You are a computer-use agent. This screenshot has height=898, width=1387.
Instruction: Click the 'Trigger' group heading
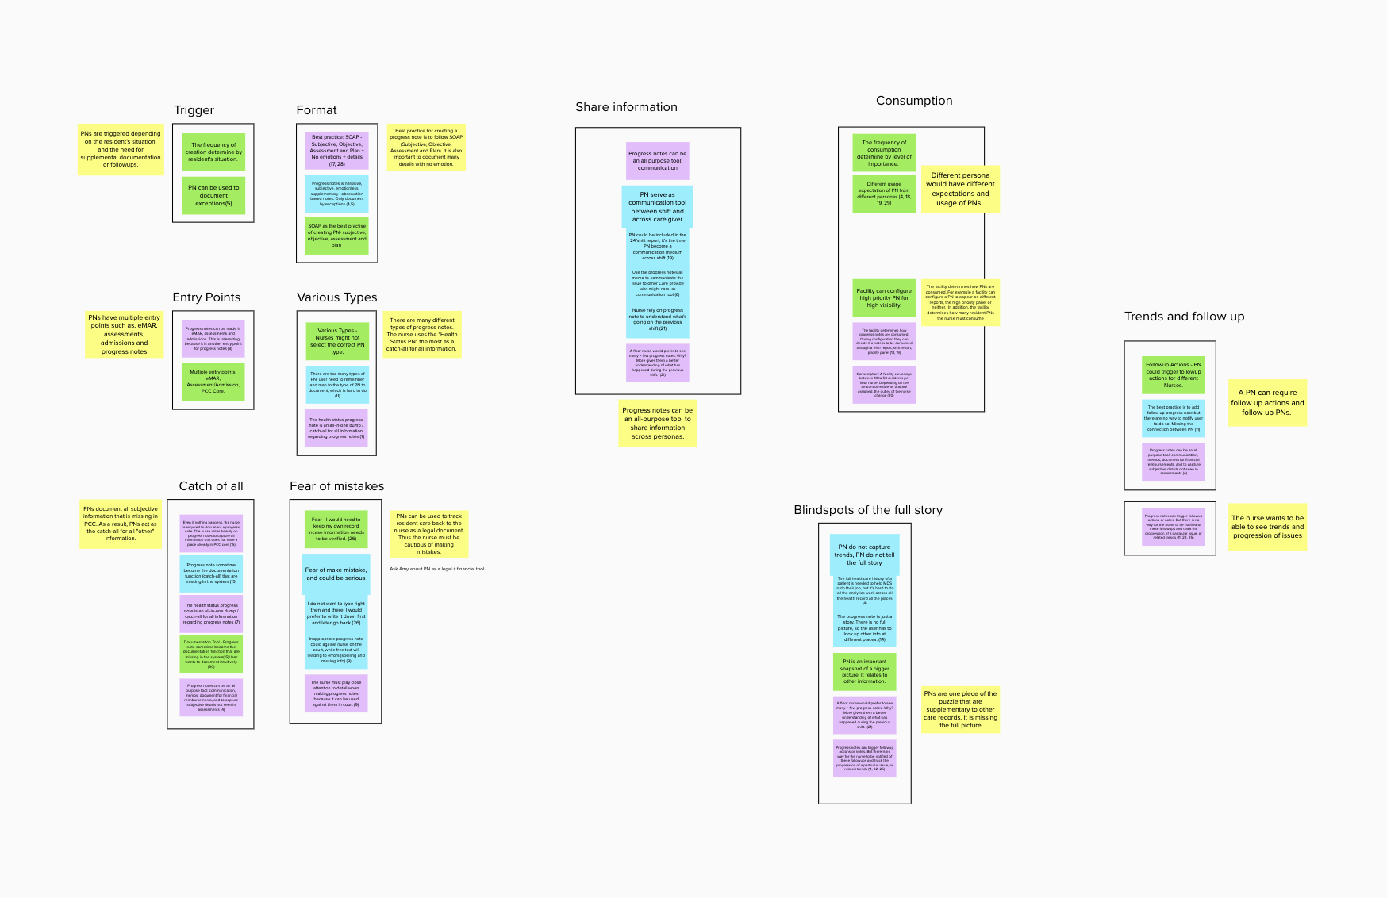coord(194,110)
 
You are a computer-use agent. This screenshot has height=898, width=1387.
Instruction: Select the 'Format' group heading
coord(316,110)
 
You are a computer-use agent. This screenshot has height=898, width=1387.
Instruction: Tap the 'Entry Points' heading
coord(206,297)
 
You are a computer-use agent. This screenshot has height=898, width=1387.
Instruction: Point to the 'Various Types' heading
coord(336,297)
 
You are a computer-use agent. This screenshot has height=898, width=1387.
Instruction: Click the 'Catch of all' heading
coord(211,486)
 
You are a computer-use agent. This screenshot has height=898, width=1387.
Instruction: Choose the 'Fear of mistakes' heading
coord(336,486)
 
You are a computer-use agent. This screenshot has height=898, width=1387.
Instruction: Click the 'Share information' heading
coord(626,107)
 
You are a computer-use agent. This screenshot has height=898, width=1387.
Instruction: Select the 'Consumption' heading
coord(913,101)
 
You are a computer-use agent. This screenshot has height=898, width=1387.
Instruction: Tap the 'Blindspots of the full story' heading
coord(868,510)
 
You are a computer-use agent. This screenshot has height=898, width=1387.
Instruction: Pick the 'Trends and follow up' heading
coord(1184,317)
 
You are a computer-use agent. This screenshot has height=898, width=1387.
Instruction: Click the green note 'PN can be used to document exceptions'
coord(213,196)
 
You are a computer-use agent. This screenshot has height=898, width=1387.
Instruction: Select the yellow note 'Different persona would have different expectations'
coord(960,189)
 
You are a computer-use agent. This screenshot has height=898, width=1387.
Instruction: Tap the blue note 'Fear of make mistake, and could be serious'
coord(336,574)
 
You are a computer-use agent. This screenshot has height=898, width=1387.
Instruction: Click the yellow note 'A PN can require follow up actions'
coord(1267,402)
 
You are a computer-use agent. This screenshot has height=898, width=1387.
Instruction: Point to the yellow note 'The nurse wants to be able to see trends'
coord(1267,527)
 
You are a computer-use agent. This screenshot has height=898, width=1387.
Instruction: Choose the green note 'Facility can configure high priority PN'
coord(884,298)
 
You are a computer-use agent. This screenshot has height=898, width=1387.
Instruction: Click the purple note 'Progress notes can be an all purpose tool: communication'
coord(657,161)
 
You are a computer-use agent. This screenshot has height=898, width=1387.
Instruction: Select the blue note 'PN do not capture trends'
coord(864,555)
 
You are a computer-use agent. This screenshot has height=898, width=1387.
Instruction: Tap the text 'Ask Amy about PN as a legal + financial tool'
coord(436,569)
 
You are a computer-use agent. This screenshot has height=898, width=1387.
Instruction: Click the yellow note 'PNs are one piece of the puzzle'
coord(960,709)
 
